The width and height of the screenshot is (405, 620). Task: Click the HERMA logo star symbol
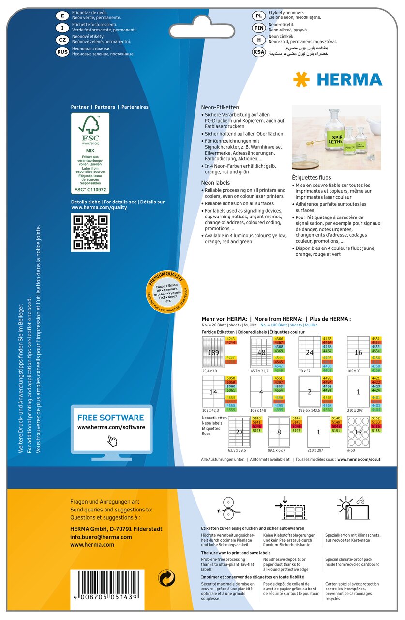click(301, 79)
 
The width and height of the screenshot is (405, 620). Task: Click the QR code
click(90, 232)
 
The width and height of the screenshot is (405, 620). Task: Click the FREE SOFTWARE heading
click(111, 418)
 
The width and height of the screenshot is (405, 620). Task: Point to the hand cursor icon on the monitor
click(112, 440)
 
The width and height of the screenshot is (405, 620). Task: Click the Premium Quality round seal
click(167, 293)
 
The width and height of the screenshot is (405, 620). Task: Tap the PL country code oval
click(259, 16)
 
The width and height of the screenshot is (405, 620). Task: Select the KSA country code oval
click(259, 52)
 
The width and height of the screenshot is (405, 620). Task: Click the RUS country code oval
click(62, 52)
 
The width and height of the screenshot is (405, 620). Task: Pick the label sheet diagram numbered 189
click(213, 353)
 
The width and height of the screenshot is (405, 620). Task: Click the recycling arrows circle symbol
click(167, 577)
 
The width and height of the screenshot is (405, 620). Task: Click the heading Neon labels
click(216, 183)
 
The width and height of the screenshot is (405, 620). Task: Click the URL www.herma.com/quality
click(99, 207)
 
